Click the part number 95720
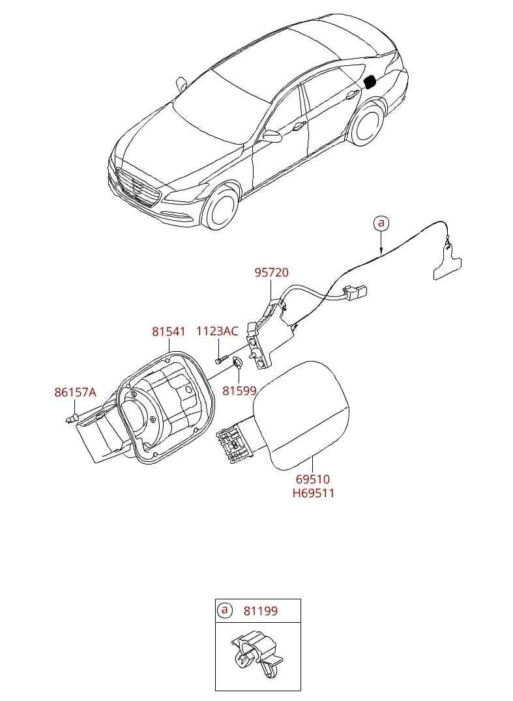click(271, 272)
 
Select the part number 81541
click(169, 331)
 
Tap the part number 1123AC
click(217, 331)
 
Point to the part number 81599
click(239, 391)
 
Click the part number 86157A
click(75, 393)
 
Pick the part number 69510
click(313, 479)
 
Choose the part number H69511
click(313, 494)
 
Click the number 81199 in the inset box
click(261, 610)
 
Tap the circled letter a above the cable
click(381, 223)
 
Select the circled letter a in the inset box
click(224, 610)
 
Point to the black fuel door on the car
click(371, 82)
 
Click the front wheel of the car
click(221, 208)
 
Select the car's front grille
click(138, 188)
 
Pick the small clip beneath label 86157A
click(71, 419)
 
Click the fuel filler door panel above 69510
click(301, 416)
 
